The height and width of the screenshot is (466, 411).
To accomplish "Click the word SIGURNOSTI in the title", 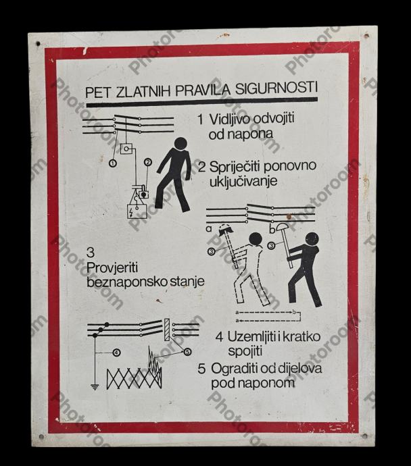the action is pyautogui.click(x=276, y=88).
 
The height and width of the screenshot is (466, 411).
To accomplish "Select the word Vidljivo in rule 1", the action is pyautogui.click(x=228, y=120).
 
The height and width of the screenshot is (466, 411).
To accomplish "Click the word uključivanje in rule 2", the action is pyautogui.click(x=243, y=181).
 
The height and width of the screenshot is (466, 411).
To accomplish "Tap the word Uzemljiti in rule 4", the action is pyautogui.click(x=251, y=337).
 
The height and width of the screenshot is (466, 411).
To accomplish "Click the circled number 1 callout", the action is pyautogui.click(x=112, y=163).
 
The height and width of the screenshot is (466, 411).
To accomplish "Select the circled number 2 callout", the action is pyautogui.click(x=148, y=162).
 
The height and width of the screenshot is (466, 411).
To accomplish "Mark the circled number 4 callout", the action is pyautogui.click(x=116, y=353).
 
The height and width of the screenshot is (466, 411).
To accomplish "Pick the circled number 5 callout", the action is pyautogui.click(x=187, y=352).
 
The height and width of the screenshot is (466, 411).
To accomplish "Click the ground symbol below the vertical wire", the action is pyautogui.click(x=95, y=387).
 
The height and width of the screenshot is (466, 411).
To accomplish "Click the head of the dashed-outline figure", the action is pyautogui.click(x=256, y=240).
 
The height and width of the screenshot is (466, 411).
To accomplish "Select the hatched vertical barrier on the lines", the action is pyautogui.click(x=167, y=330).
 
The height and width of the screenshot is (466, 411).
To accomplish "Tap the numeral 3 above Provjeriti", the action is pyautogui.click(x=91, y=253).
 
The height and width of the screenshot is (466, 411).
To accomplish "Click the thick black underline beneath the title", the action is pyautogui.click(x=202, y=102).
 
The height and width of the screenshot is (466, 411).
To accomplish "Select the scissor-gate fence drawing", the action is pyautogui.click(x=134, y=378).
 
